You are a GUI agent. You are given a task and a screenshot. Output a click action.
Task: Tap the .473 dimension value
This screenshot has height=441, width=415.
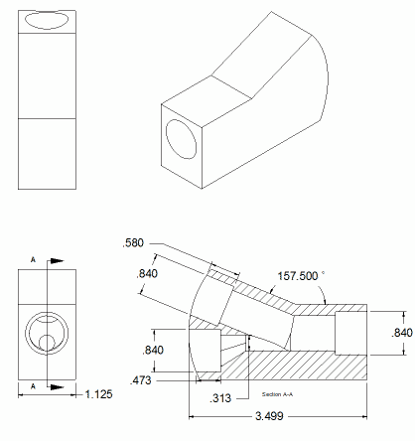pos(142,378)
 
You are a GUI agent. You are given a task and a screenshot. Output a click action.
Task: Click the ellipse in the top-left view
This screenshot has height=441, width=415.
pos(48,20)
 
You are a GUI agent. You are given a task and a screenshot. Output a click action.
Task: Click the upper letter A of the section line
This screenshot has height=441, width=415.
pos(34,259)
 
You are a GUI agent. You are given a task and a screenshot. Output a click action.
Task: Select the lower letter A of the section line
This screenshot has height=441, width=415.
pos(34,384)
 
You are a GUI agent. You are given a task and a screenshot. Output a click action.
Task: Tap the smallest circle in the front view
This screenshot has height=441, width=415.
pos(49,343)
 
